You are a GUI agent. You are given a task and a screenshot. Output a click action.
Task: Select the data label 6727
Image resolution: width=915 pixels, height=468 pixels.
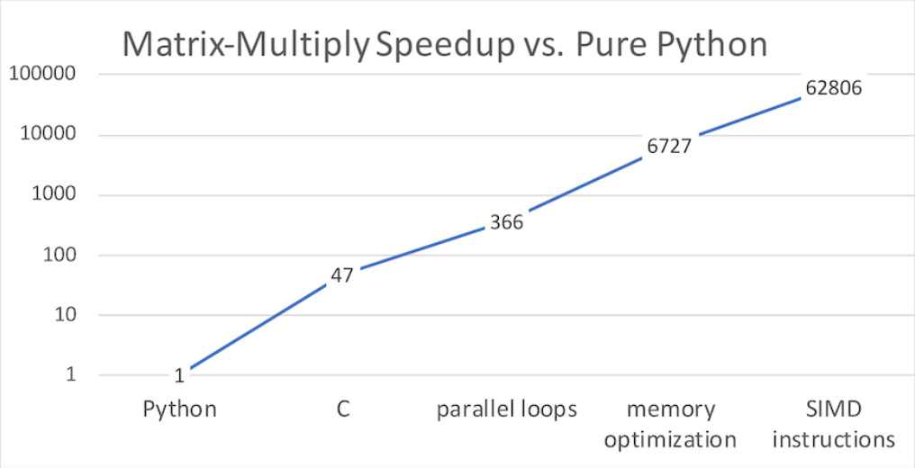667,146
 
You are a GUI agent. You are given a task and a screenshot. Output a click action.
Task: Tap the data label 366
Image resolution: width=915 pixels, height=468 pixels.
506,222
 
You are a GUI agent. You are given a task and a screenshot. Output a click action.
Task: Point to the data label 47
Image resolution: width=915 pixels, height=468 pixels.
341,275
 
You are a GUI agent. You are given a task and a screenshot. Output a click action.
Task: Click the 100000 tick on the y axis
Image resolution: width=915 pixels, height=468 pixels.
43,75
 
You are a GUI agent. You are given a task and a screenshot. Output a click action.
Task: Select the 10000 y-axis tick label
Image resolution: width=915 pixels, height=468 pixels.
48,135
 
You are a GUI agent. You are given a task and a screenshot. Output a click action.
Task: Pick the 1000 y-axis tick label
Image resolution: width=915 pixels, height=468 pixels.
53,195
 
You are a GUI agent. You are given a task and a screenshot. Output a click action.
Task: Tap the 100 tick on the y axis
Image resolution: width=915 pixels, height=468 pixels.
58,256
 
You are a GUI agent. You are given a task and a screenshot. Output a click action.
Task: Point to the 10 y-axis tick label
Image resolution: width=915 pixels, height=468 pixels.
62,315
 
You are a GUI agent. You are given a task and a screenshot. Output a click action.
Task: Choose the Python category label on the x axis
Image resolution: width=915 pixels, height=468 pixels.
180,409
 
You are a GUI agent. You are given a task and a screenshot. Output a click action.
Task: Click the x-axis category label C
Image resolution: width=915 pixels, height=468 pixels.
342,409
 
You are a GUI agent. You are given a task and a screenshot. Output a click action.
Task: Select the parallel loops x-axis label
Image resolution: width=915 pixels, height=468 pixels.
506,409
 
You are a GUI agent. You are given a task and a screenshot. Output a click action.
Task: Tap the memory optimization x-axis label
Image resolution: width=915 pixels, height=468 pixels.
670,425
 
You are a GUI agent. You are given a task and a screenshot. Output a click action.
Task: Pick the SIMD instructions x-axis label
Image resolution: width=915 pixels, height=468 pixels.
834,425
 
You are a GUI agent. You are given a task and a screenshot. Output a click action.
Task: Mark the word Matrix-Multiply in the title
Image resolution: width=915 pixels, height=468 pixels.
245,45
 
